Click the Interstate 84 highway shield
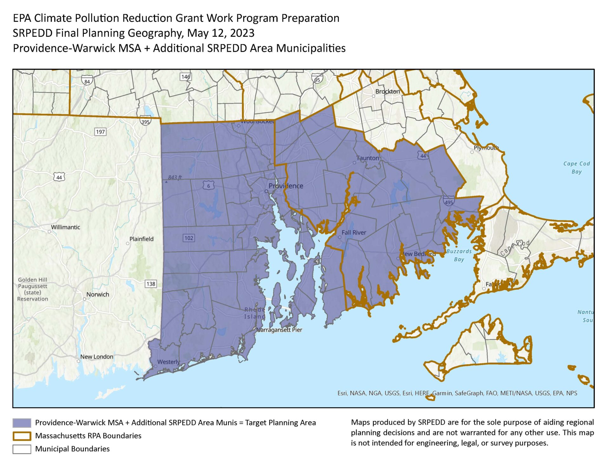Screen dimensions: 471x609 click(87, 81)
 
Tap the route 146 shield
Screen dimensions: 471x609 click(186, 76)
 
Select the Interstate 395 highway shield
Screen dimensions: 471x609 click(145, 121)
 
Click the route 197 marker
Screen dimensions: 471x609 click(100, 132)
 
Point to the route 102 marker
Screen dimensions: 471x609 click(189, 238)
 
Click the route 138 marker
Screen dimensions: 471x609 click(151, 284)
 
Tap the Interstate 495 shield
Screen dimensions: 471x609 click(449, 202)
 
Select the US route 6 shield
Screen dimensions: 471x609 click(208, 186)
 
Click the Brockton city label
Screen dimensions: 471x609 click(387, 91)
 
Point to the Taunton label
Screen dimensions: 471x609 click(368, 158)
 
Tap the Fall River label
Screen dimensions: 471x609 click(354, 233)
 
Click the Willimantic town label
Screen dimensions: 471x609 click(66, 227)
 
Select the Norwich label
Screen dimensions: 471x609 click(98, 295)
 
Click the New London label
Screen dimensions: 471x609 click(96, 357)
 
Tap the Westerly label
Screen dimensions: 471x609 click(168, 362)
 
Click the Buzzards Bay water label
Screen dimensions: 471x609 click(459, 255)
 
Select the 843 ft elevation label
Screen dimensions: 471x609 click(175, 177)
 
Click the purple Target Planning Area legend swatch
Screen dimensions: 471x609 click(22, 423)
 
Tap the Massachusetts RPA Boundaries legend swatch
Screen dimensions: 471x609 click(22, 436)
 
